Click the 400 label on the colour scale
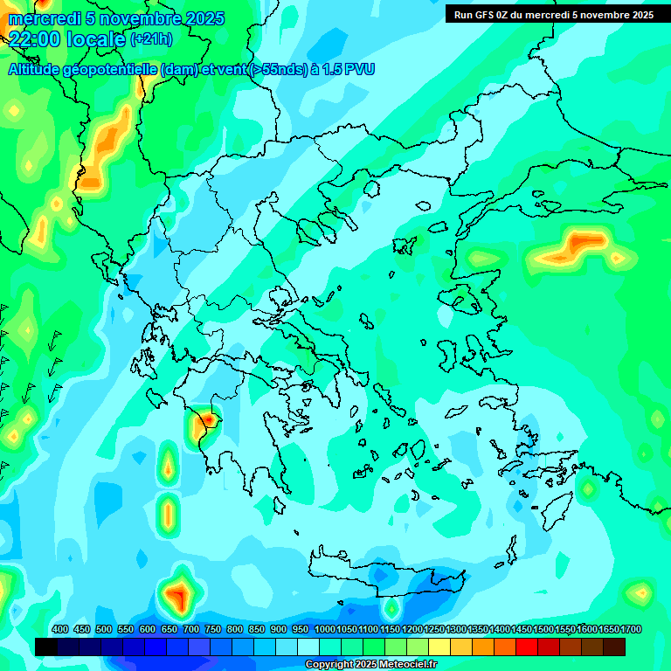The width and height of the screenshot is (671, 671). pos(60,629)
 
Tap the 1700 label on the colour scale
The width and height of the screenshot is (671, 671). pos(631,629)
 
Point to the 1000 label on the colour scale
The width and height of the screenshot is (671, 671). pos(325,629)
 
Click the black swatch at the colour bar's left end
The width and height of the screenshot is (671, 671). pos(46,647)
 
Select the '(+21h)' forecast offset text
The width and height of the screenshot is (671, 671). pos(151,39)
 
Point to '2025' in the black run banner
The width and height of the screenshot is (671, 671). pos(636,14)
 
